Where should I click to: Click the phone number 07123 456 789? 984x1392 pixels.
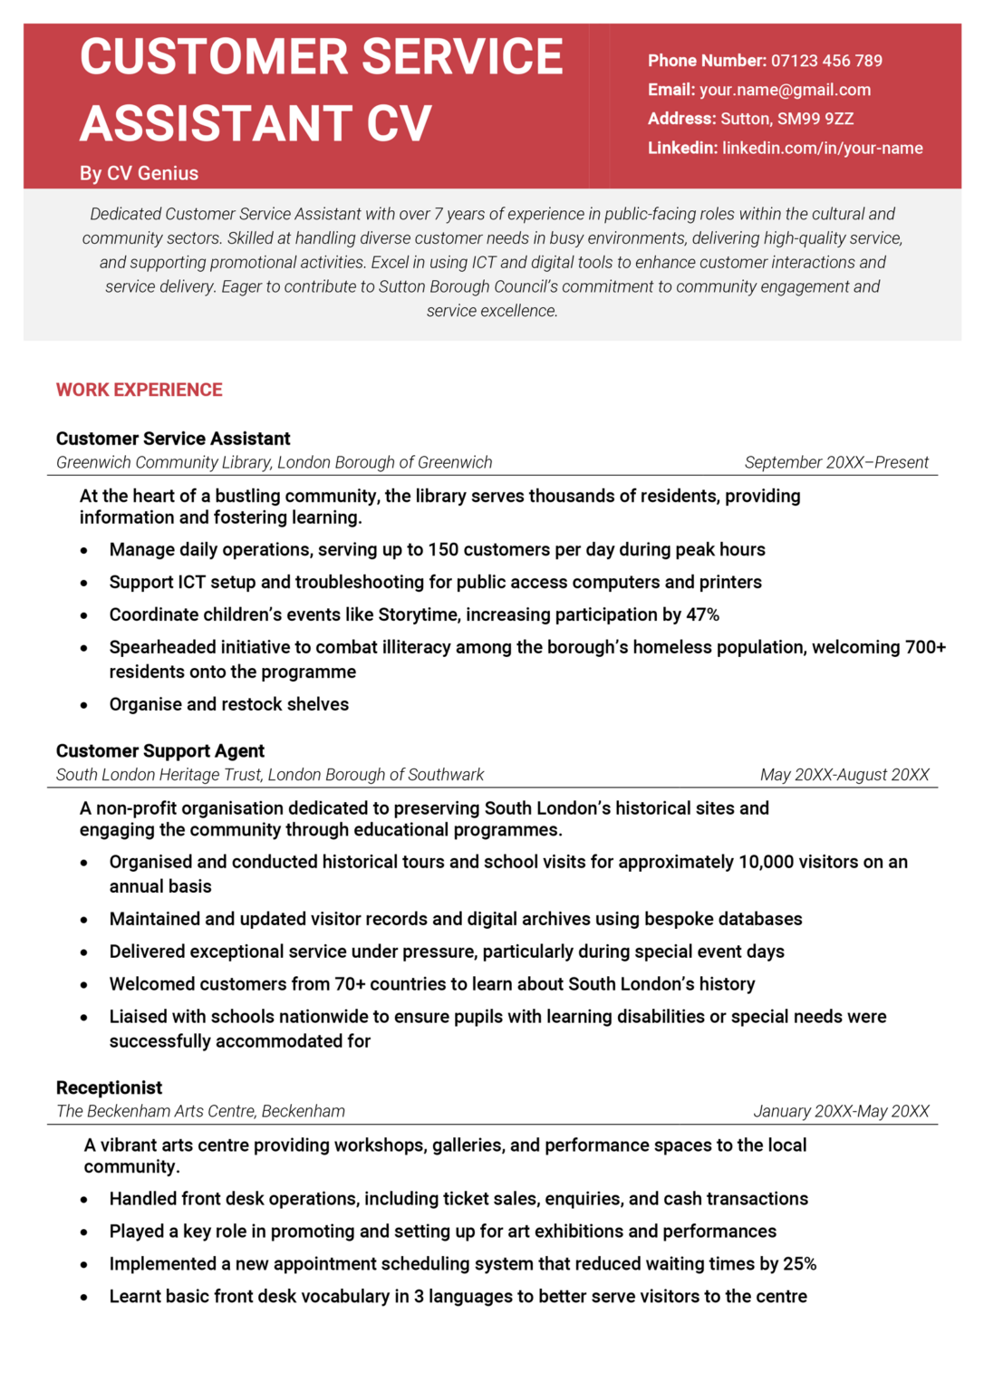[826, 61]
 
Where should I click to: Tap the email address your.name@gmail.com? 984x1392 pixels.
[785, 90]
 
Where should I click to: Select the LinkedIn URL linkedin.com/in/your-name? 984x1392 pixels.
[822, 148]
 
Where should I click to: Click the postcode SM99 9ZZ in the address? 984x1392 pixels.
[815, 119]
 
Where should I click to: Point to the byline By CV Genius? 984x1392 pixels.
[139, 173]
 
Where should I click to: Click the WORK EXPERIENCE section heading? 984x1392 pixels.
[139, 390]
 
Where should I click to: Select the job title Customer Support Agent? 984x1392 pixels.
[160, 750]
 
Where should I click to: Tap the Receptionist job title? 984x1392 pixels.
[109, 1087]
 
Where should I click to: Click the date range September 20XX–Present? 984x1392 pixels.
[835, 462]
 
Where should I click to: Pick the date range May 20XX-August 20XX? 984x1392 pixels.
[844, 775]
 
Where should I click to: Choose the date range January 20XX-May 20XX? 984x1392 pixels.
[841, 1111]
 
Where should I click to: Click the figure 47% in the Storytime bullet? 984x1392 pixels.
[702, 614]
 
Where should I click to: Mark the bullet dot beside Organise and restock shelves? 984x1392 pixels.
[84, 705]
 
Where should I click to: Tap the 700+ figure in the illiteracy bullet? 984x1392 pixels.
[925, 647]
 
